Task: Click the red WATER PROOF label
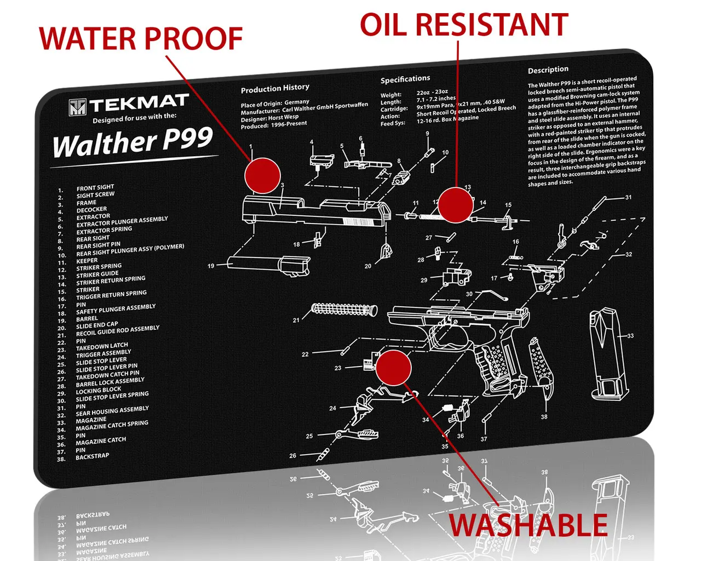(141, 38)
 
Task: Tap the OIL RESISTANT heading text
(463, 25)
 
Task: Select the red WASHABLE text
(528, 525)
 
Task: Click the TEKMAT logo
(129, 104)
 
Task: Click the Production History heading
(275, 88)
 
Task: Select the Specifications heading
(405, 79)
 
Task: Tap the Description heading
(548, 70)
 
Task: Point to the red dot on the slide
(262, 175)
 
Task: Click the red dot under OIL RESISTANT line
(455, 205)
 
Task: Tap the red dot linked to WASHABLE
(393, 368)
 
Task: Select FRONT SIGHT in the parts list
(95, 188)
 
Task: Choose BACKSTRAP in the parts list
(92, 456)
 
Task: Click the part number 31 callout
(628, 197)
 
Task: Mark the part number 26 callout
(292, 455)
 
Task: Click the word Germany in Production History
(297, 102)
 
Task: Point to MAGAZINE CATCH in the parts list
(101, 441)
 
